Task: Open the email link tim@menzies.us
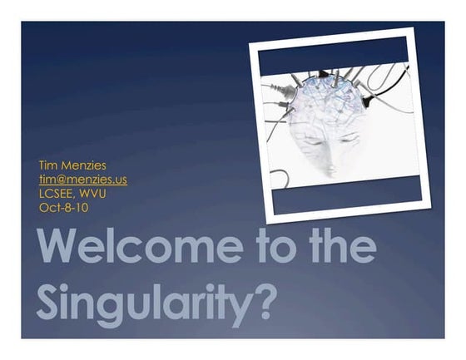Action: click(82, 180)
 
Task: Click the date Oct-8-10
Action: click(63, 207)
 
